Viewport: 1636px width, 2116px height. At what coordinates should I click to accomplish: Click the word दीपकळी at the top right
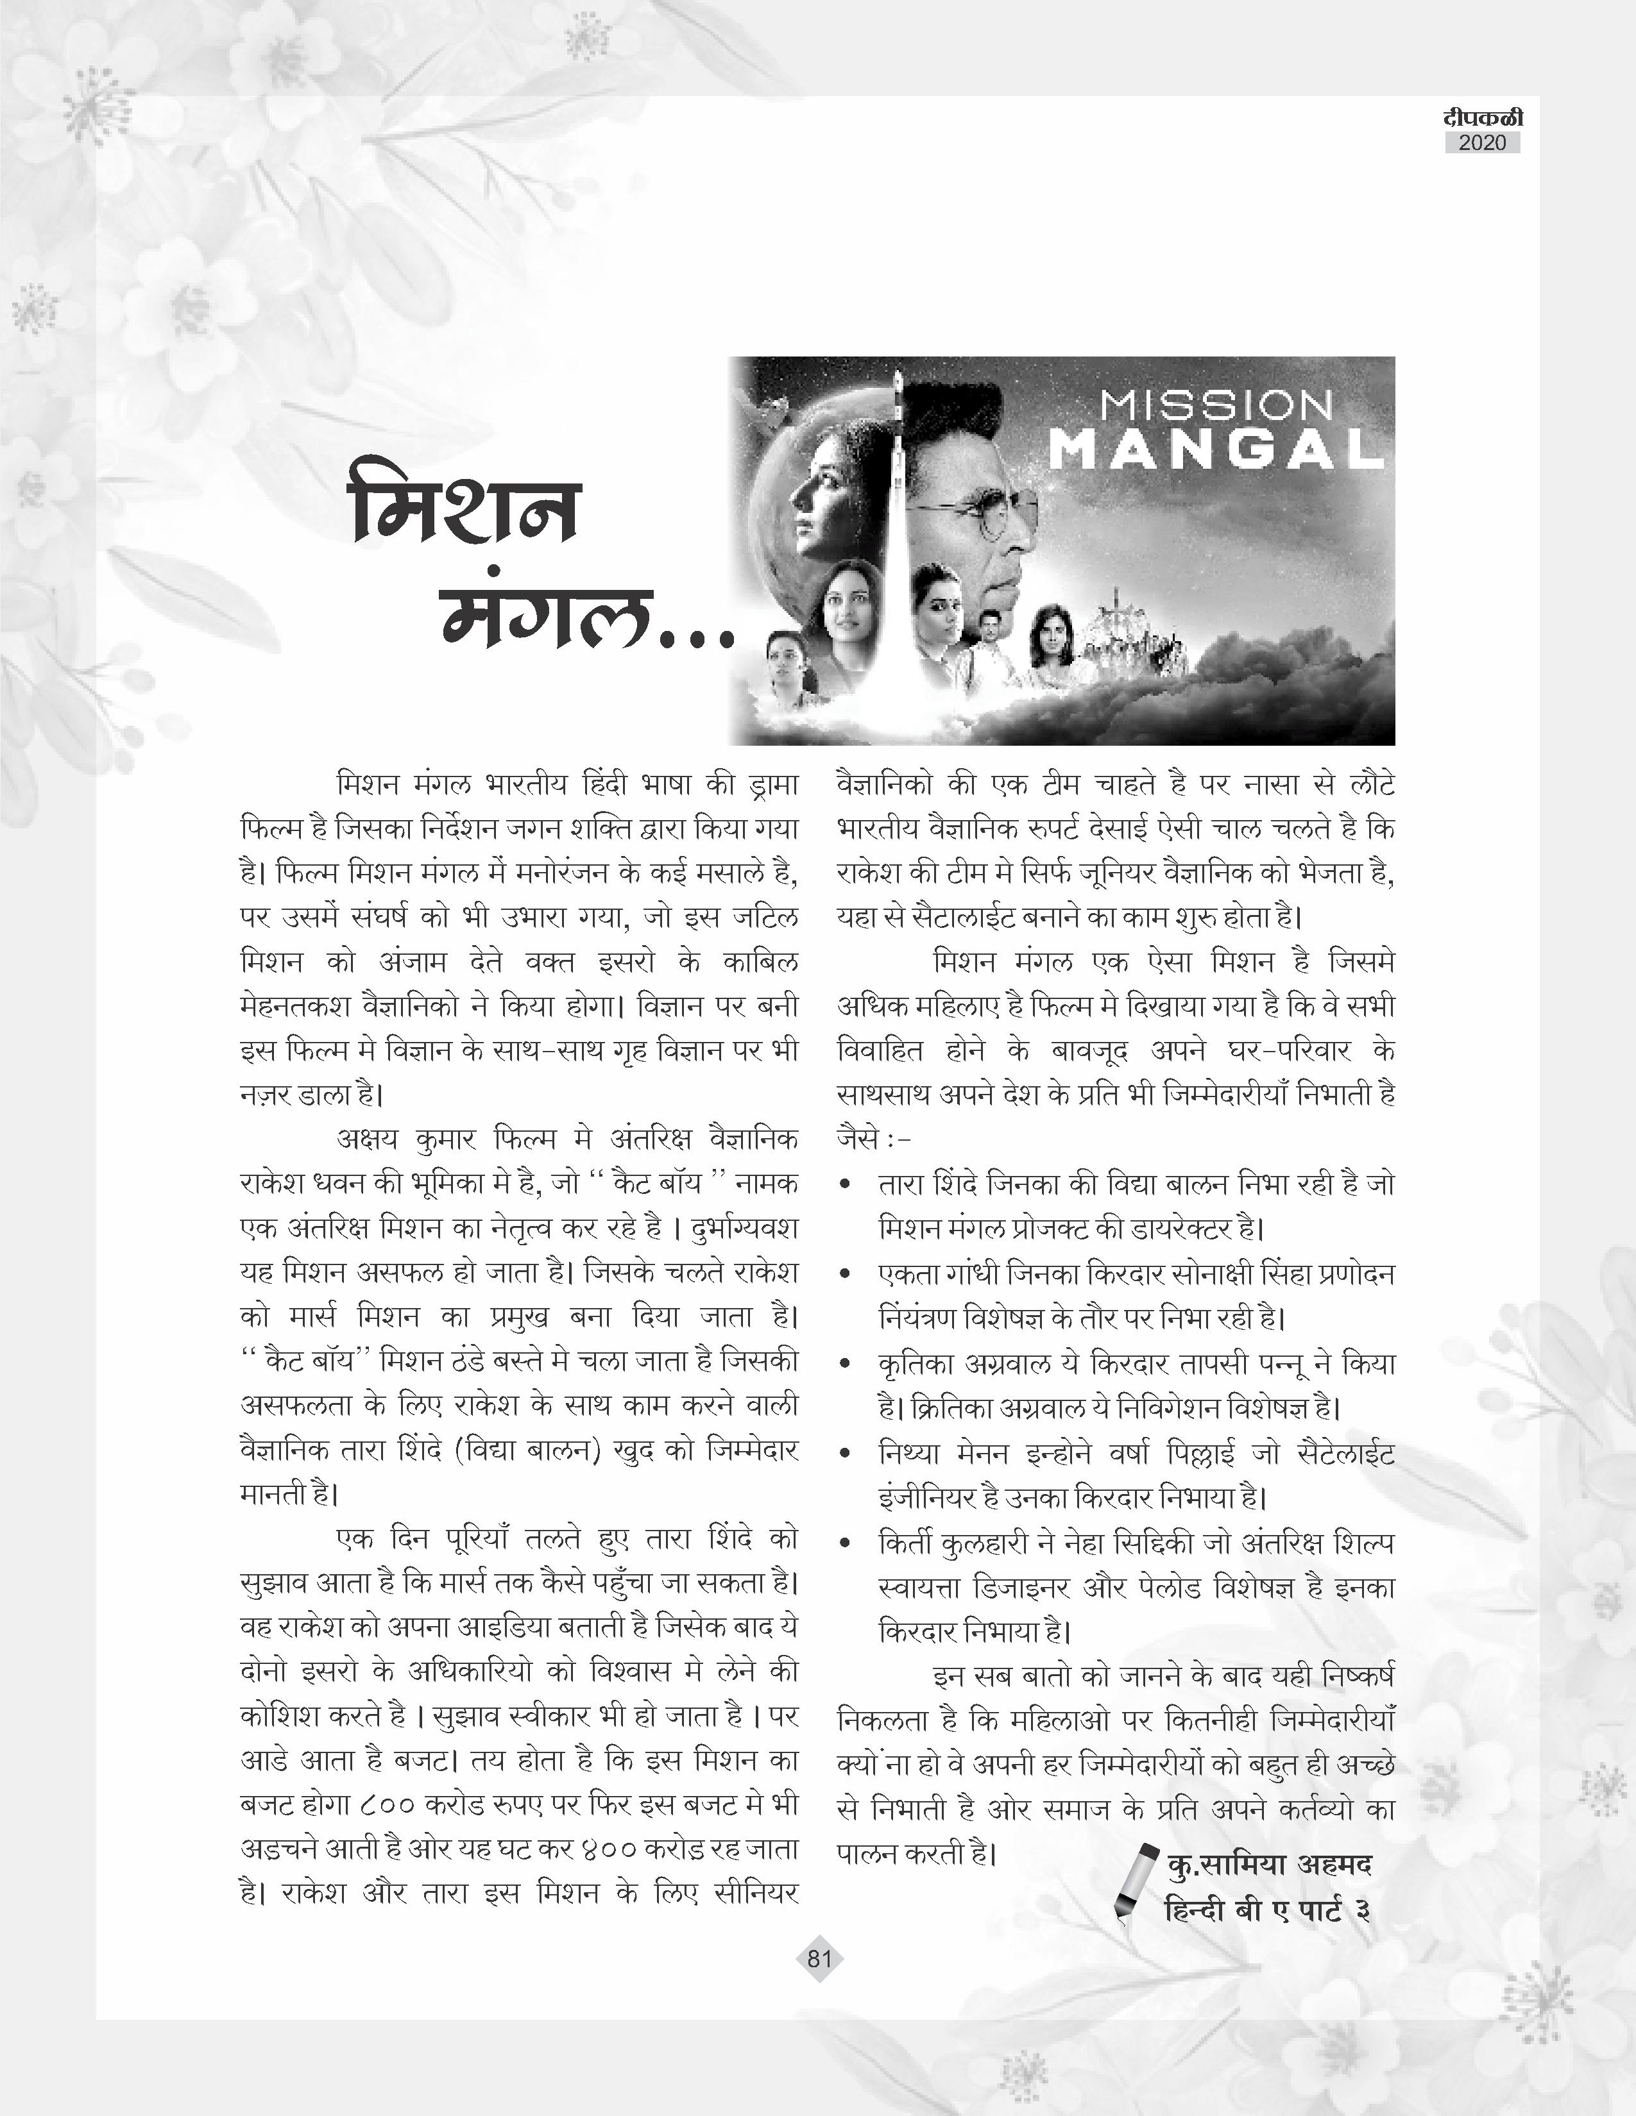tap(1482, 117)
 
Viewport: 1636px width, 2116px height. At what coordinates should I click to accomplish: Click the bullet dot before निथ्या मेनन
tap(847, 1454)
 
